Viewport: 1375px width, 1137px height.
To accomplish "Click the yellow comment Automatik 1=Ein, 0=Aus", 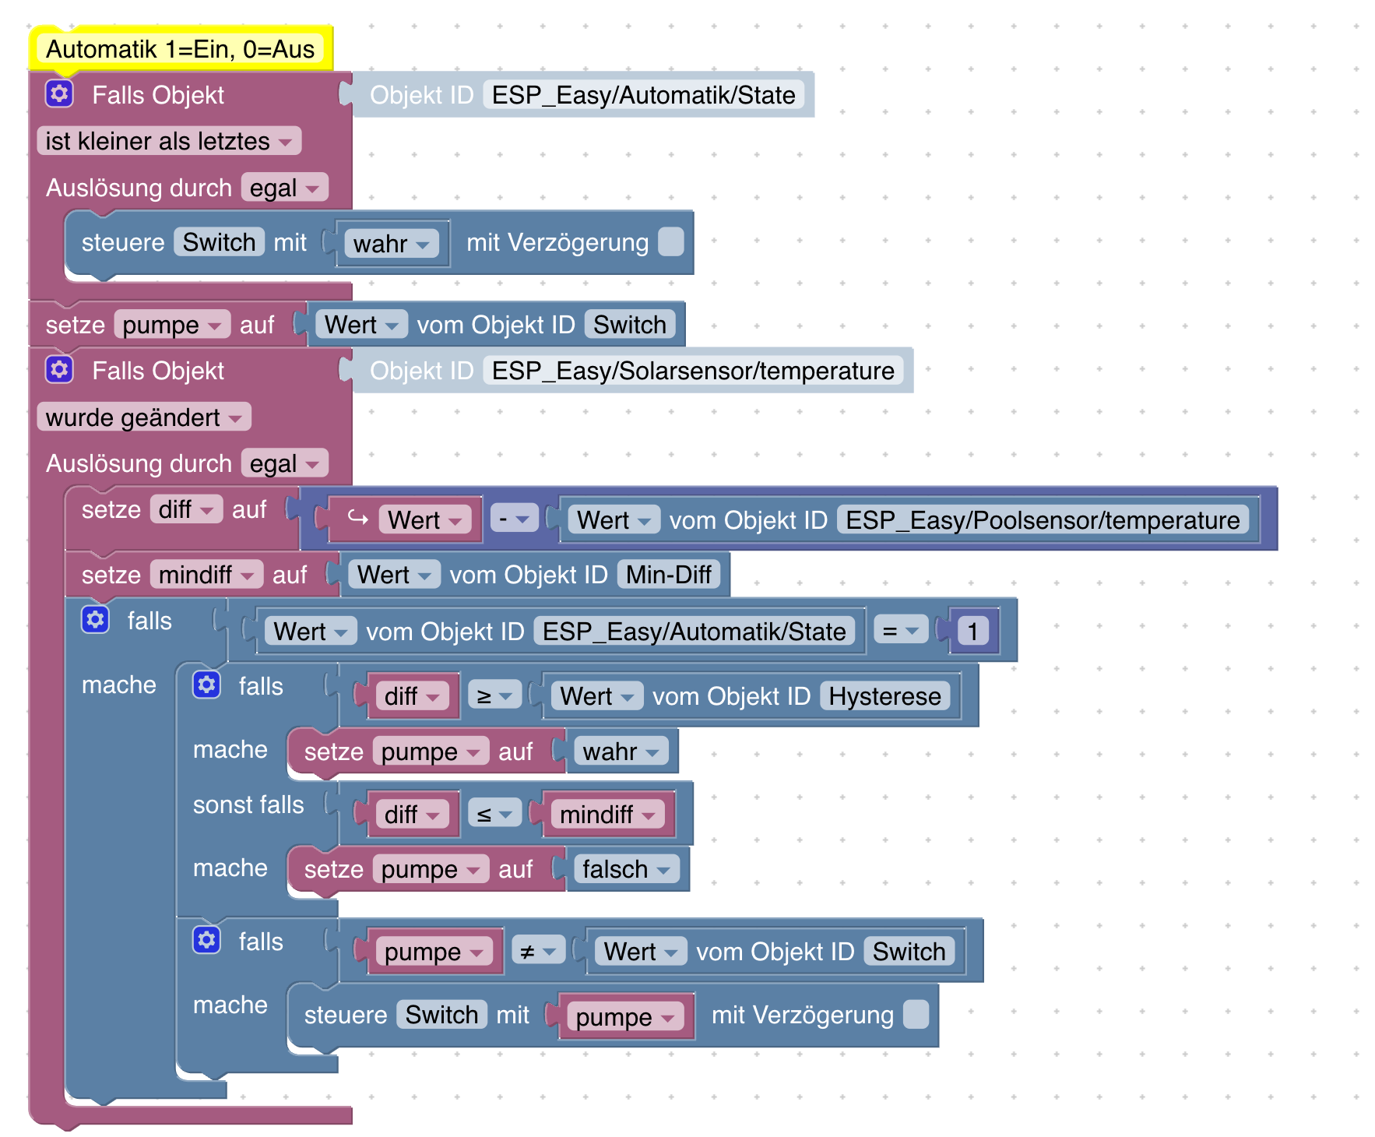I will pyautogui.click(x=180, y=50).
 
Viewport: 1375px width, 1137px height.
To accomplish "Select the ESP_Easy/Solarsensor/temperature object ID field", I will pyautogui.click(x=692, y=371).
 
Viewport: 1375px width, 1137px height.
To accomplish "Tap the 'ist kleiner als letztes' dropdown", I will pyautogui.click(x=168, y=142).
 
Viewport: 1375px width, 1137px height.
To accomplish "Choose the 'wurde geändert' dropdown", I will pyautogui.click(x=143, y=417).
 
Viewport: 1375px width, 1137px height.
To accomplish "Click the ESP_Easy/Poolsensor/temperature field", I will pyautogui.click(x=1042, y=520).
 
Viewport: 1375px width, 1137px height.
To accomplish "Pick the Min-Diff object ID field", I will pyautogui.click(x=668, y=575).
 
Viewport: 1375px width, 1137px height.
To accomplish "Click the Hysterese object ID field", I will pyautogui.click(x=884, y=696).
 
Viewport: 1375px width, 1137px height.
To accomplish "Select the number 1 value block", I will pyautogui.click(x=972, y=632).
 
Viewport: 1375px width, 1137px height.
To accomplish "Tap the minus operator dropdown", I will pyautogui.click(x=514, y=519).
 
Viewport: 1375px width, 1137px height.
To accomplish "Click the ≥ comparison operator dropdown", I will pyautogui.click(x=494, y=696).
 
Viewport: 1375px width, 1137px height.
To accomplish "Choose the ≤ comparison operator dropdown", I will pyautogui.click(x=494, y=815).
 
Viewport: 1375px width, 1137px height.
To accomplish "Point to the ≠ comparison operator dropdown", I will pyautogui.click(x=537, y=952).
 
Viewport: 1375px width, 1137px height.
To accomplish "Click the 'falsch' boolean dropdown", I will pyautogui.click(x=626, y=869).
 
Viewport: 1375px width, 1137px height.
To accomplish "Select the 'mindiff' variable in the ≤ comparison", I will pyautogui.click(x=607, y=815).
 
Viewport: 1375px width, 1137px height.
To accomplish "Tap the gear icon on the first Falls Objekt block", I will pyautogui.click(x=59, y=94).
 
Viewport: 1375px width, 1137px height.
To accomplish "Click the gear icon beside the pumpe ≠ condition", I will pyautogui.click(x=206, y=941).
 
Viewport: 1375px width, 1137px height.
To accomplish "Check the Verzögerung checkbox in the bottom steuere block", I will pyautogui.click(x=916, y=1015).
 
